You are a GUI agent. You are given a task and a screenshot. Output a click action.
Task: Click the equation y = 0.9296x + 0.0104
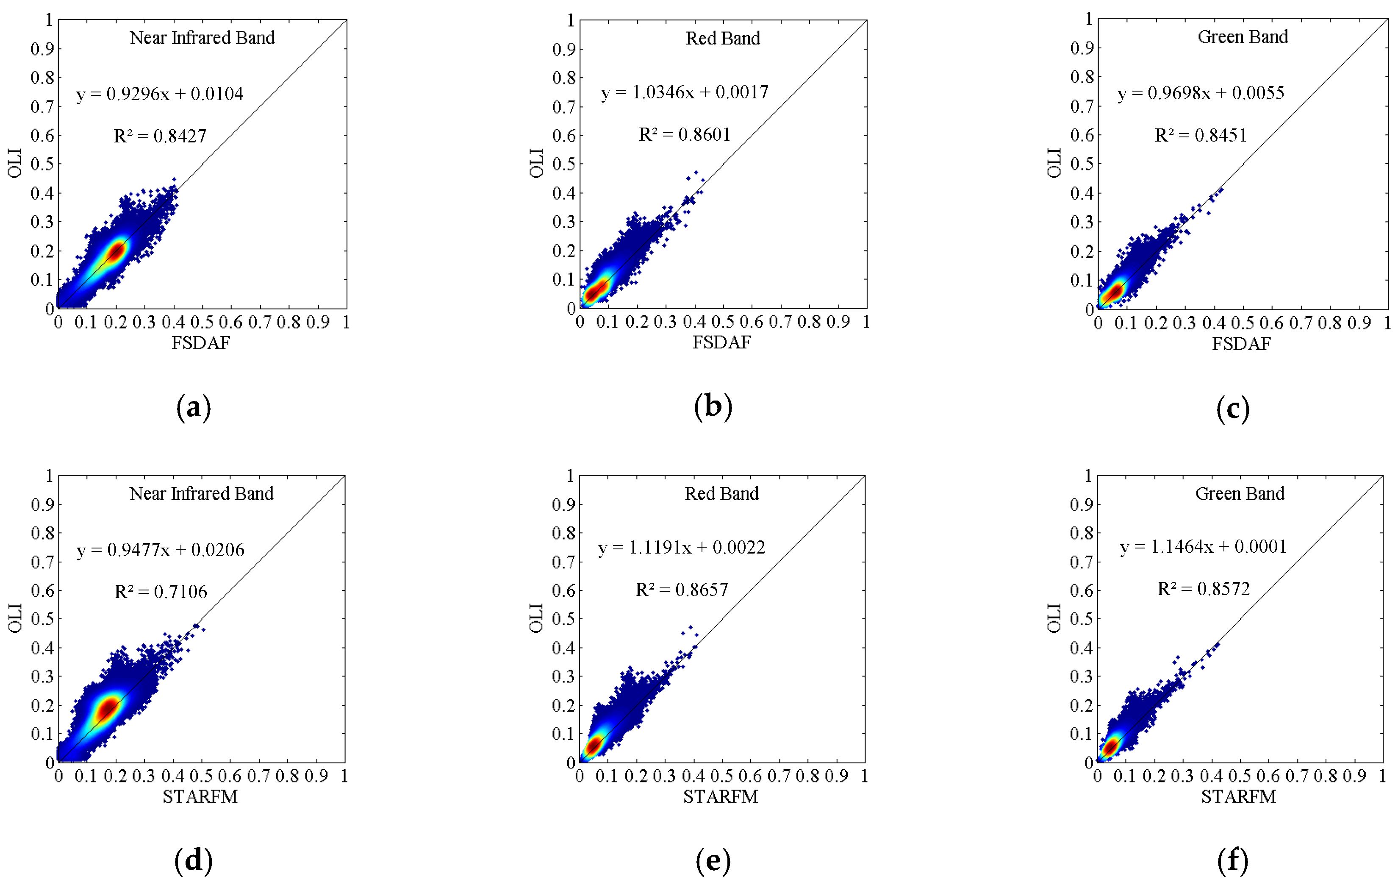point(160,94)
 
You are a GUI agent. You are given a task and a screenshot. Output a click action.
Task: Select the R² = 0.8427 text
point(160,136)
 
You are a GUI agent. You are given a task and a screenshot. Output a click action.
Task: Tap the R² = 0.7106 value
point(161,592)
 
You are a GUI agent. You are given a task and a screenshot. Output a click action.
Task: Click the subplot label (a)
point(193,408)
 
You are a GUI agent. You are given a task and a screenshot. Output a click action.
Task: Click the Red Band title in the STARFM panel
point(721,494)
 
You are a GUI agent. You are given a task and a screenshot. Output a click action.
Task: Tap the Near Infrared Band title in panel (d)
point(202,494)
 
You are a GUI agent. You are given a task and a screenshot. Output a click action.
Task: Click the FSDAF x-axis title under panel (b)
point(721,342)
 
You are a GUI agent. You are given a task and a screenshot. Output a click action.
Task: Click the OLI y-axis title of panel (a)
point(15,163)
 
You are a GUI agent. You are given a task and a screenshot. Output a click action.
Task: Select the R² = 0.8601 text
point(685,135)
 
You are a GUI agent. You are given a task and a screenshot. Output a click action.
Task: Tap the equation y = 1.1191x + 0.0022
point(682,548)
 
